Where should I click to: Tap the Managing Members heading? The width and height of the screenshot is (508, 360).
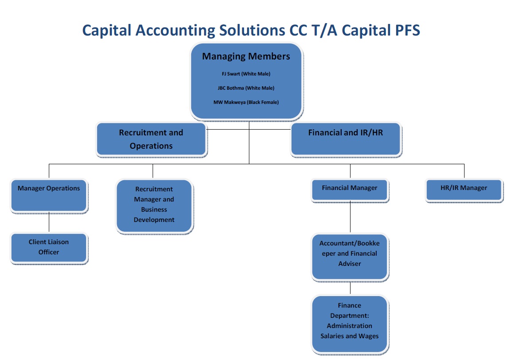point(246,56)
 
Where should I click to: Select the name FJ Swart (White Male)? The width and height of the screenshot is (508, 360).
point(246,74)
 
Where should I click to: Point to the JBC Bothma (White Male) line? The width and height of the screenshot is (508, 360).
point(246,88)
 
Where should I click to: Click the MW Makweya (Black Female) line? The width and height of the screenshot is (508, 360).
point(246,103)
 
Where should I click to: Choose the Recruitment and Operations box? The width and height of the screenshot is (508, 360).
point(151,139)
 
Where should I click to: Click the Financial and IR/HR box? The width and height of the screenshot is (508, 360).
point(346,139)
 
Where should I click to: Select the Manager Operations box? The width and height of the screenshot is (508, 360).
point(49,196)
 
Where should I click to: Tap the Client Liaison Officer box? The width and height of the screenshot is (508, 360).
point(49,248)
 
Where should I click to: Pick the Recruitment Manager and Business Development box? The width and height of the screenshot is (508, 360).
point(154,206)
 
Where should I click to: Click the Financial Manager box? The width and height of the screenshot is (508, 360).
point(350,190)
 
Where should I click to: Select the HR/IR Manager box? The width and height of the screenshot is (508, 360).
point(464,190)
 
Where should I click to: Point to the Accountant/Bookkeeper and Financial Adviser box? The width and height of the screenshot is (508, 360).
point(350,257)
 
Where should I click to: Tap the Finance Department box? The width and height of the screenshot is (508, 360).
point(350,324)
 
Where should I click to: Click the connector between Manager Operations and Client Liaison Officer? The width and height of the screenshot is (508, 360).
point(49,222)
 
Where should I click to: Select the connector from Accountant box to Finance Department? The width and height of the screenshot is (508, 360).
point(350,288)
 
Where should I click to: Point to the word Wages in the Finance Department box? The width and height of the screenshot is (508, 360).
point(369,336)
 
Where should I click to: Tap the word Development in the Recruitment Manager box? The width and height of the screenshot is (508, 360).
point(154,220)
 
